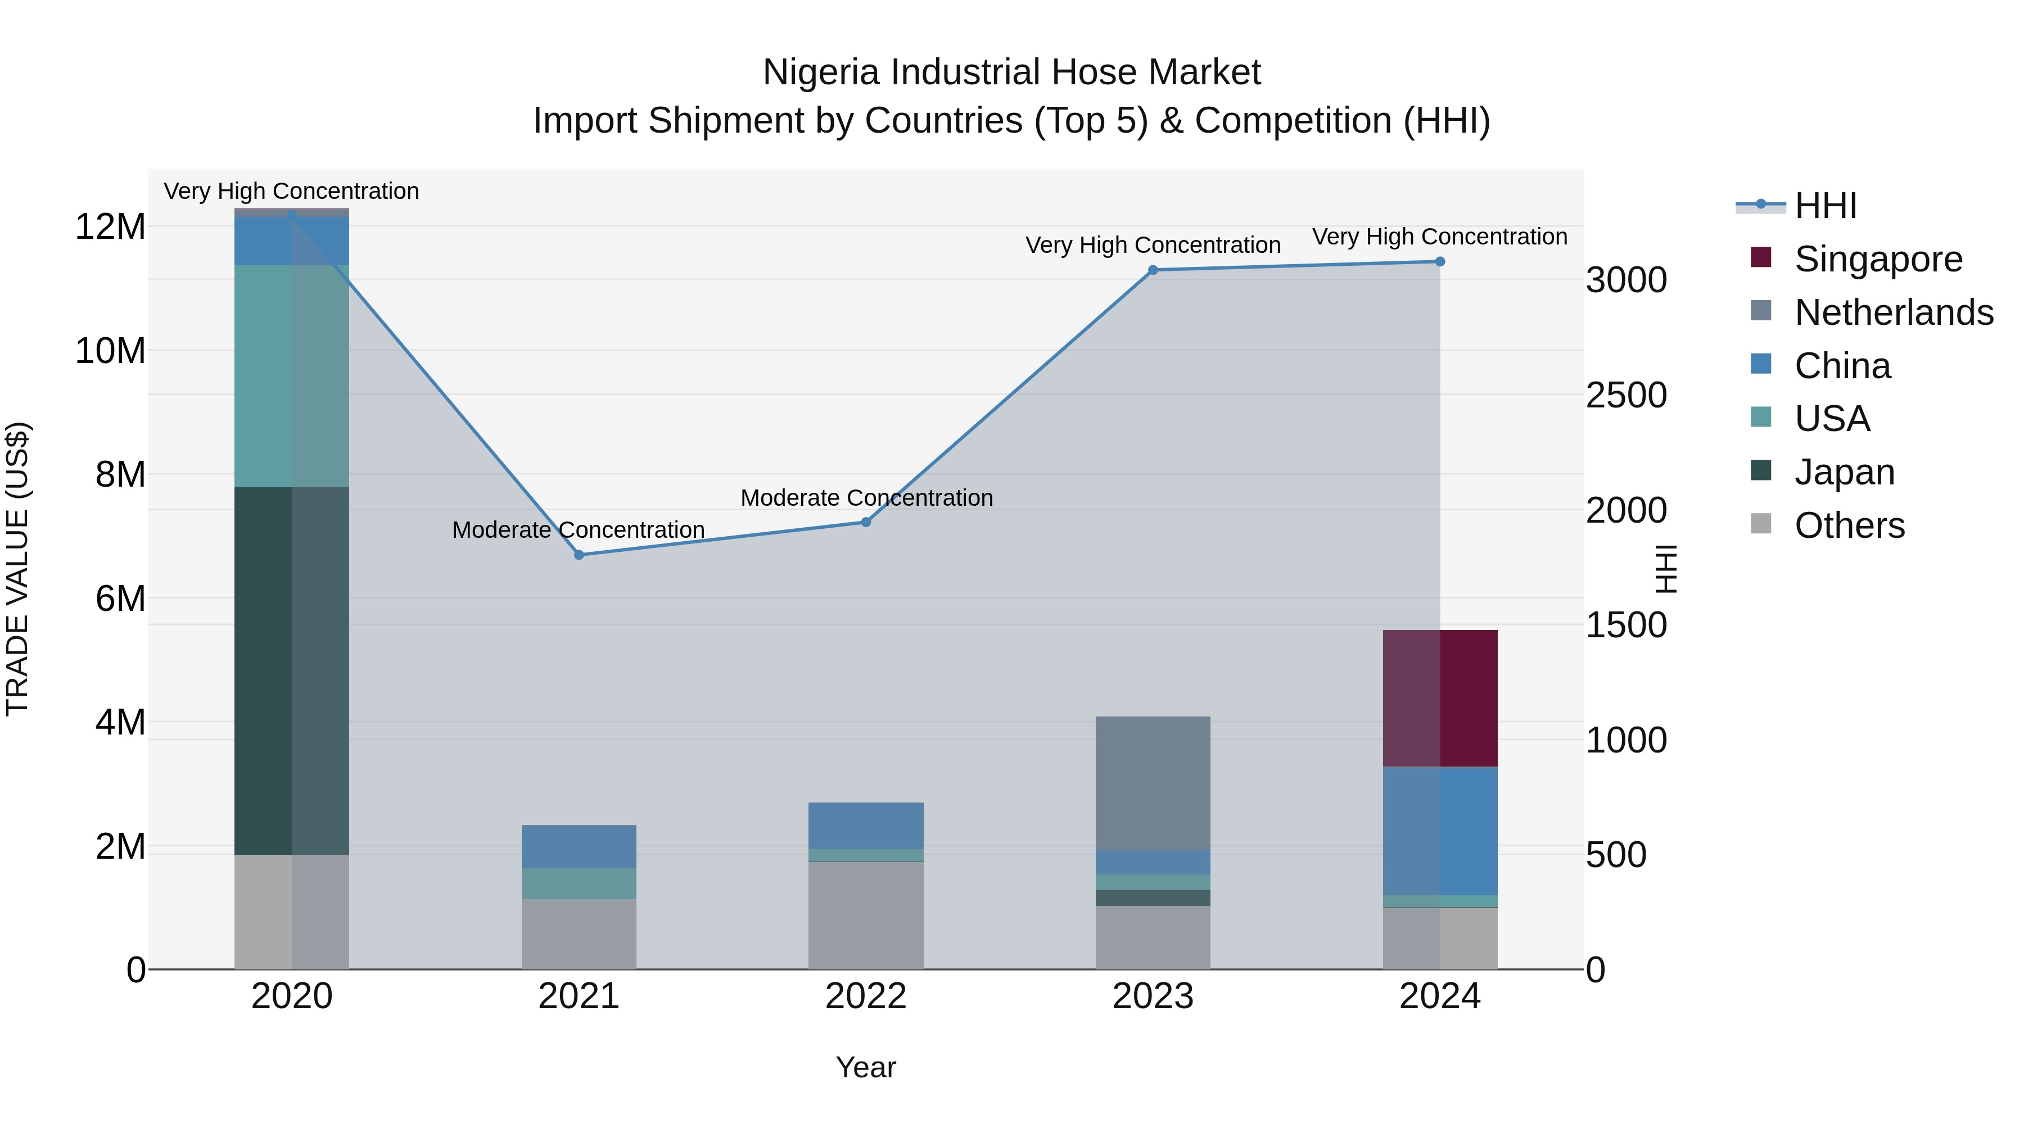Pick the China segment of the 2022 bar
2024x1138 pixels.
point(866,826)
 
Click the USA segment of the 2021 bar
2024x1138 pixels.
point(579,883)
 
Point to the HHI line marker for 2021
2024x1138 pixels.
point(579,555)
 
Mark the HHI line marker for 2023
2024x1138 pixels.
point(1153,270)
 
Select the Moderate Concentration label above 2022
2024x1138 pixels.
point(866,498)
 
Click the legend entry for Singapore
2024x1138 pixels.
point(1878,259)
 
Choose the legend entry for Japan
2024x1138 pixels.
point(1844,472)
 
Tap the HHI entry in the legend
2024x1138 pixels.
point(1825,206)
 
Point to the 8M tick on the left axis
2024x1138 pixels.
point(120,474)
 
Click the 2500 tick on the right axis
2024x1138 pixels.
point(1625,395)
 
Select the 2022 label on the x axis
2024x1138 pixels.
point(866,996)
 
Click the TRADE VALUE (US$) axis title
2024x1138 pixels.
point(17,569)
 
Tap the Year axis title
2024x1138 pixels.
point(866,1067)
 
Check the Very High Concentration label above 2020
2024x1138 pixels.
point(291,191)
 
